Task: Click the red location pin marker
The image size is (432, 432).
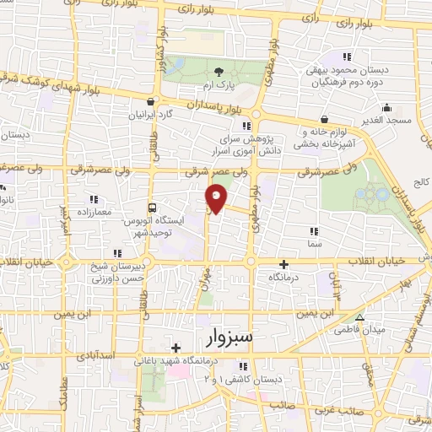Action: [x=216, y=198]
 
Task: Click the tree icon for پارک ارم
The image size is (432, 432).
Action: [x=219, y=72]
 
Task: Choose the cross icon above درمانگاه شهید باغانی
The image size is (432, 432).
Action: [x=175, y=348]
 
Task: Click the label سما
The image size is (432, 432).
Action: [x=314, y=242]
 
